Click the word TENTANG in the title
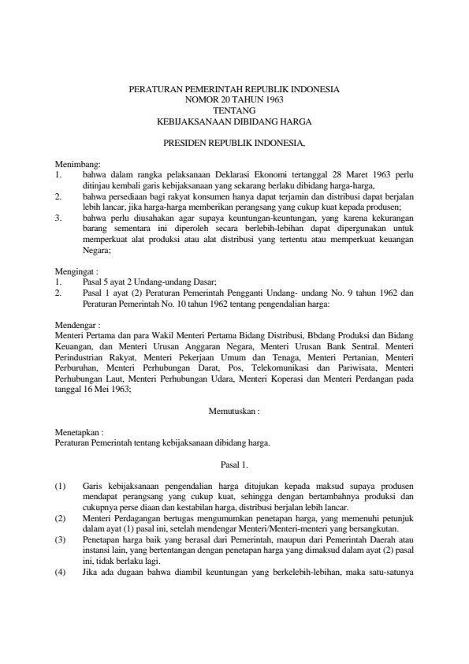[x=234, y=111]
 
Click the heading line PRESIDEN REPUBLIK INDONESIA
[x=234, y=144]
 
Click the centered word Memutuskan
[x=234, y=411]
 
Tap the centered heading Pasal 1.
[x=234, y=464]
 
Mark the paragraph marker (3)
[x=61, y=539]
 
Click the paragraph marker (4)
[x=61, y=572]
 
